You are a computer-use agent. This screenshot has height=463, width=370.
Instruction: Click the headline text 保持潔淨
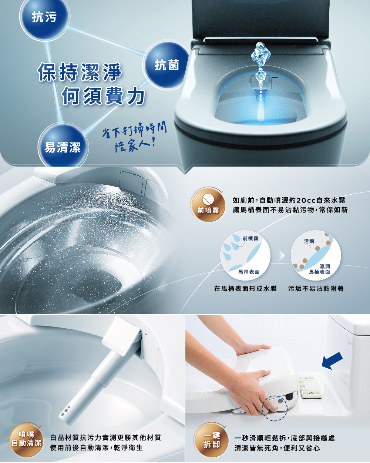[x=80, y=72]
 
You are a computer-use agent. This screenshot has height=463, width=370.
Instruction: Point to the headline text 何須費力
[x=103, y=96]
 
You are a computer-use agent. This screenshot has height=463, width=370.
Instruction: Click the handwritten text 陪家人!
[x=135, y=146]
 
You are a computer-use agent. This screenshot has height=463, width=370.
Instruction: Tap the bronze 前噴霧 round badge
[x=208, y=204]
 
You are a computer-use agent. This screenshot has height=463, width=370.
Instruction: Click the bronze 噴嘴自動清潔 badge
[x=26, y=440]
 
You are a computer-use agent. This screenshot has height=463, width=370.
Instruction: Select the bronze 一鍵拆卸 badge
[x=211, y=440]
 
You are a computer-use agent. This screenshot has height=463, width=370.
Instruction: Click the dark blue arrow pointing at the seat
[x=332, y=361]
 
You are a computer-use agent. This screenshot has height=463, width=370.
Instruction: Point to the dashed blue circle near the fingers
[x=275, y=408]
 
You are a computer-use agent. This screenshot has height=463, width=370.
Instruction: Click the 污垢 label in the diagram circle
[x=309, y=241]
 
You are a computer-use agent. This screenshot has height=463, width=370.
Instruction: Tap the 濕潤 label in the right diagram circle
[x=324, y=266]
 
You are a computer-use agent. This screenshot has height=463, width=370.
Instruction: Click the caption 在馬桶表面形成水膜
[x=245, y=289]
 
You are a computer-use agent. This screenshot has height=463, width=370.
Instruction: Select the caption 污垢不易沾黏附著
[x=316, y=289]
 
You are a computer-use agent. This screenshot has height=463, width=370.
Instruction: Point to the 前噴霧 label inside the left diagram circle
[x=250, y=238]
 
